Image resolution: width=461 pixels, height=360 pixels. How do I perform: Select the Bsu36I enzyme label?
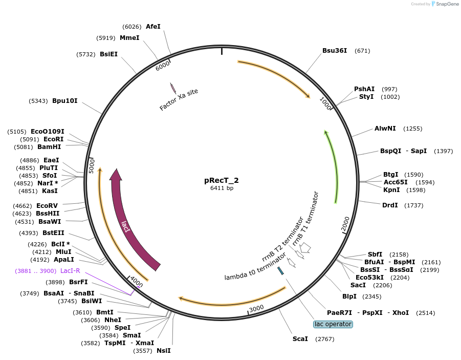coord(335,51)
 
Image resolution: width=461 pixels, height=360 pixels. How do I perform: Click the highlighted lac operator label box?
coord(333,324)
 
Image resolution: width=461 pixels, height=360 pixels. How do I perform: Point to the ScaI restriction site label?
coord(300,339)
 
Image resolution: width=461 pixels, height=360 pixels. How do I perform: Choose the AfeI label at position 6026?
coord(153,27)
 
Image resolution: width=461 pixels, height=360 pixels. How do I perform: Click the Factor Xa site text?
coord(179,99)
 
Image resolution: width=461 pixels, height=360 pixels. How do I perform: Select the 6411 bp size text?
coord(222,188)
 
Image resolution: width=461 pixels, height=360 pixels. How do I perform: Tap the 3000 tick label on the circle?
coord(256,308)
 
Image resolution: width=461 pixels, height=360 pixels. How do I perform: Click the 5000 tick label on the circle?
coord(92,165)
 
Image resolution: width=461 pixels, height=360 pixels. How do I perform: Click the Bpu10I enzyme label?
coord(65,101)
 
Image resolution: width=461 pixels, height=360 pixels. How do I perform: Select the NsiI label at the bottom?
coord(163,351)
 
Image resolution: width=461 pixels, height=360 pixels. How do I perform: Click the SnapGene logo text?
coord(446,4)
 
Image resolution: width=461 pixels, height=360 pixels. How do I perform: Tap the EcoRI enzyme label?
coord(53,139)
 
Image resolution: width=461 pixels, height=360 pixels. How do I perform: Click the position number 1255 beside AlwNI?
coord(413,129)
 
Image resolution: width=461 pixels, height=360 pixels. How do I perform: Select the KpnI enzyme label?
coord(391,190)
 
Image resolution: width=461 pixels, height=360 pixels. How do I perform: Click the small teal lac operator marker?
coord(280,270)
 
